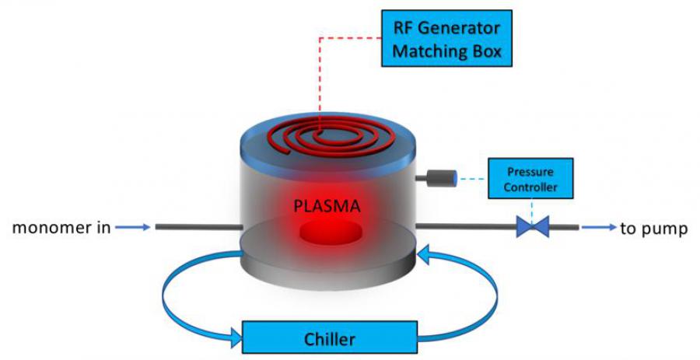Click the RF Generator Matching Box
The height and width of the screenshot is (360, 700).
pyautogui.click(x=446, y=38)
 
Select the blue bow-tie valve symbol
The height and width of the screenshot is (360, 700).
pyautogui.click(x=533, y=228)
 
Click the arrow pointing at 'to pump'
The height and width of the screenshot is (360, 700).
pyautogui.click(x=599, y=228)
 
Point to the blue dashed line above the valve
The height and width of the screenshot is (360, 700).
pyautogui.click(x=533, y=208)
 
